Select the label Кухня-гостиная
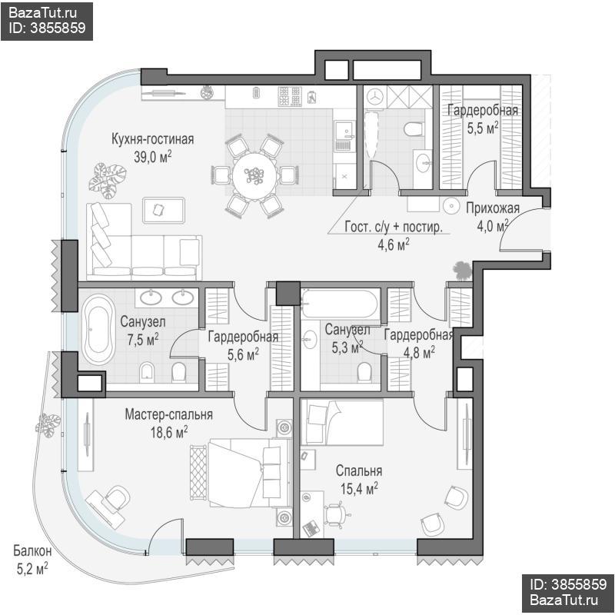[152, 139]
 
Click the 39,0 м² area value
[152, 157]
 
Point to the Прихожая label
[493, 208]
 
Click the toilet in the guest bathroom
[414, 128]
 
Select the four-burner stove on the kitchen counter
[290, 97]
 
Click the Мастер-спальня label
[168, 414]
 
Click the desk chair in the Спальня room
[335, 515]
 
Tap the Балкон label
[32, 550]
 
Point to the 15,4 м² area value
[359, 489]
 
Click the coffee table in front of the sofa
[164, 211]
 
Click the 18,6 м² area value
[168, 432]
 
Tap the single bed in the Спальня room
[342, 422]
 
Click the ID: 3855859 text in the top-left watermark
[47, 28]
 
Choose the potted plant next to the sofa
[107, 181]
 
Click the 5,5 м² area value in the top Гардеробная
[483, 128]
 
